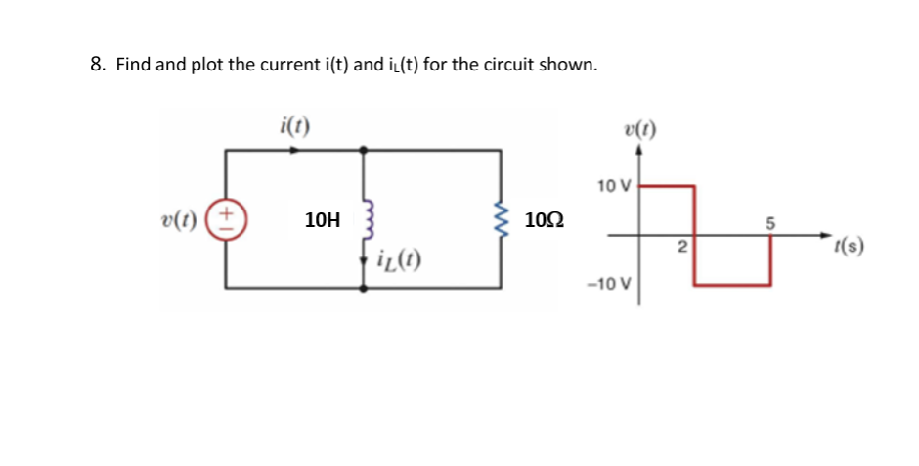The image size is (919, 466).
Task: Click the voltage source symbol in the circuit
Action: (x=229, y=217)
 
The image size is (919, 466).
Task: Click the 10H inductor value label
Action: (x=322, y=220)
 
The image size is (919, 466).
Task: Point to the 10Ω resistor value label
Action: (x=544, y=220)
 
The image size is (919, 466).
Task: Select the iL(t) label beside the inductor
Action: (x=393, y=260)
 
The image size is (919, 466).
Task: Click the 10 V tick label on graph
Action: (x=614, y=185)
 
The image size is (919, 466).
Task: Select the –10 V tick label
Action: (x=611, y=285)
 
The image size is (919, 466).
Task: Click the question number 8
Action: (x=97, y=65)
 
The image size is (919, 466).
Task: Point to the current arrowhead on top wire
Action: (x=294, y=150)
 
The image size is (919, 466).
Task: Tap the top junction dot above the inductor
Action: (x=365, y=150)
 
